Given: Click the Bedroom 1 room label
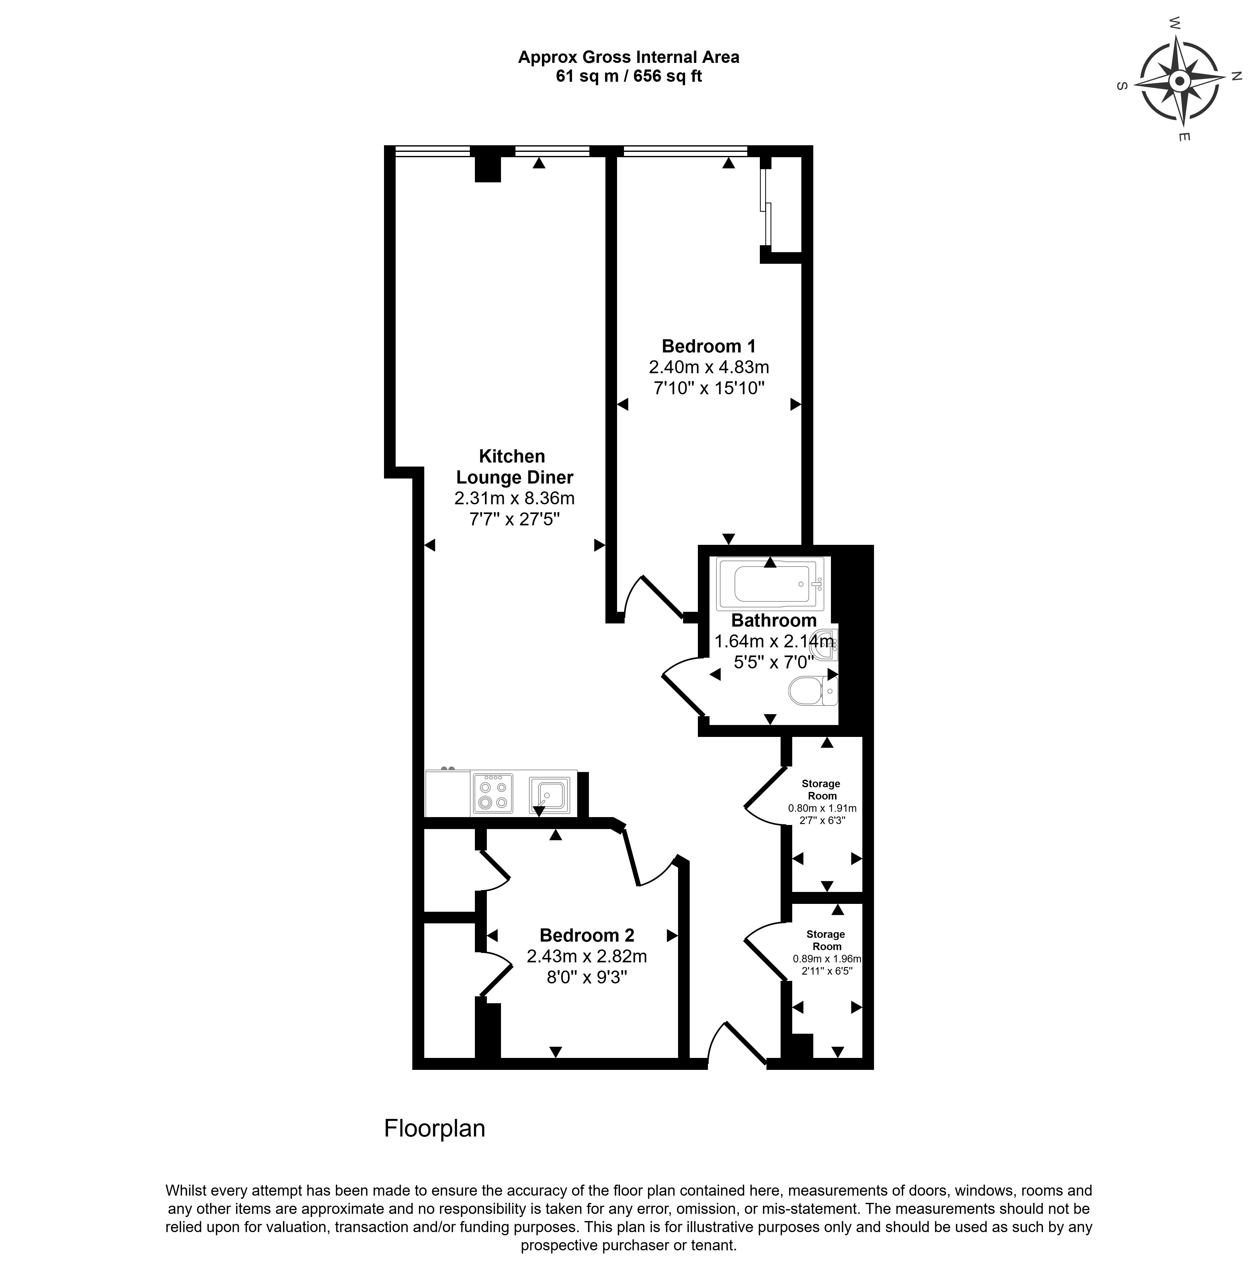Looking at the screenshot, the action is pyautogui.click(x=708, y=346).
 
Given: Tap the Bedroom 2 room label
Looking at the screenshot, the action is pyautogui.click(x=587, y=935).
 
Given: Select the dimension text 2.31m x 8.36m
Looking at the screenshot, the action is pyautogui.click(x=515, y=498).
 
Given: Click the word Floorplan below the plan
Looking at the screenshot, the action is pyautogui.click(x=435, y=1128).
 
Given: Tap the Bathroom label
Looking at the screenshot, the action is pyautogui.click(x=774, y=621).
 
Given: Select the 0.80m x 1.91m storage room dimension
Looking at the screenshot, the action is pyautogui.click(x=822, y=808).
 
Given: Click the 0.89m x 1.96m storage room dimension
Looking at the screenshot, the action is pyautogui.click(x=827, y=959).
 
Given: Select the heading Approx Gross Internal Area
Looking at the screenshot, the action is pyautogui.click(x=628, y=58).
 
